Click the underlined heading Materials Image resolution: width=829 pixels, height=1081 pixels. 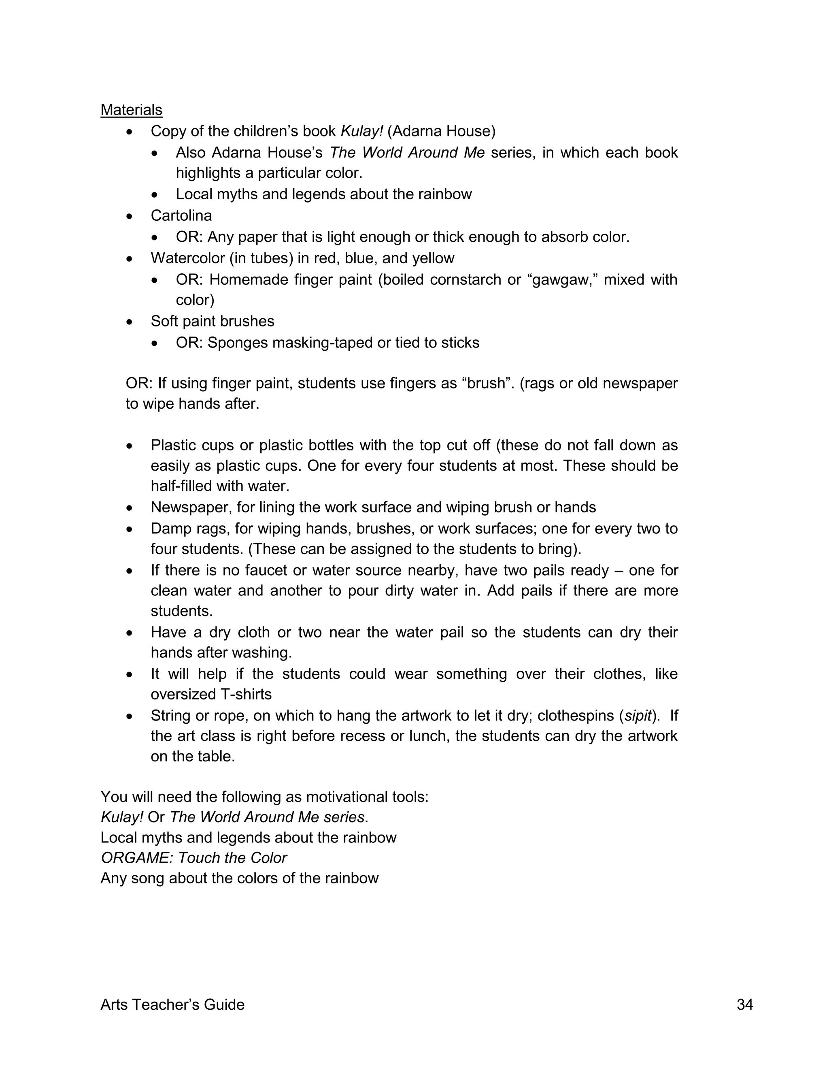131,110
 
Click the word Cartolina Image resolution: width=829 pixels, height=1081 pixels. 181,216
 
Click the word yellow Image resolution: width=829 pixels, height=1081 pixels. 433,258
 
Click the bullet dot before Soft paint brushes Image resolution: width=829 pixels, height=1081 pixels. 129,322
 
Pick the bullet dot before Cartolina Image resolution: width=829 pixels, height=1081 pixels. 129,216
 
